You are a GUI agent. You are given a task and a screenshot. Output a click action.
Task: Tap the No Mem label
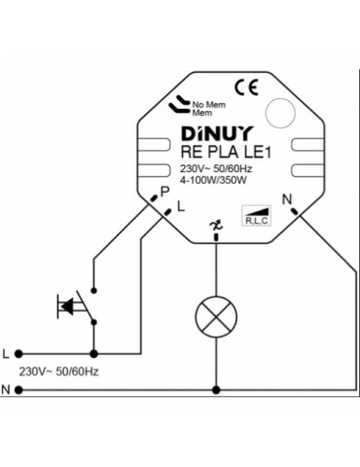[x=207, y=102]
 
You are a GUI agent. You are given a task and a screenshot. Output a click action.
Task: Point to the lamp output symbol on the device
[x=215, y=228]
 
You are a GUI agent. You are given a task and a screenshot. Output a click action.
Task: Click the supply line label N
[x=7, y=390]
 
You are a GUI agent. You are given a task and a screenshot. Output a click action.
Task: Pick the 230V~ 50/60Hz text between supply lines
[x=61, y=372]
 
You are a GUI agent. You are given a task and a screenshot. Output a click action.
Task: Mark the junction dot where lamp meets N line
[x=215, y=389]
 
